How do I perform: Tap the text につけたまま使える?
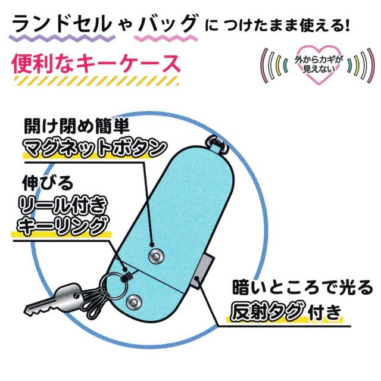tap(277, 26)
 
